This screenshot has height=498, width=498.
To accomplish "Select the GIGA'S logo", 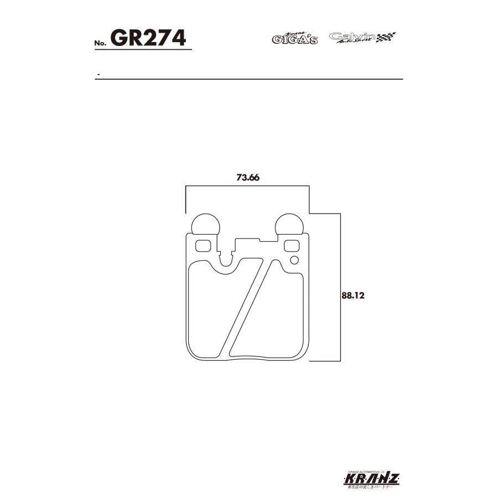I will pos(294,38).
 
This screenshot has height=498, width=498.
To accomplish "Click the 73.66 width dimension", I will pos(247,178).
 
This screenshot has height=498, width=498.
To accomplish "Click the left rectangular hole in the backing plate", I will pos(203,245).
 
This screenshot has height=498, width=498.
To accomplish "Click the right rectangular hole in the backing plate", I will pos(291,245).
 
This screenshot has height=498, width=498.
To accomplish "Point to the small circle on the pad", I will pos(294,260).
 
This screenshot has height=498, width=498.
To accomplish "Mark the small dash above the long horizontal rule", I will pos(98,74).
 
